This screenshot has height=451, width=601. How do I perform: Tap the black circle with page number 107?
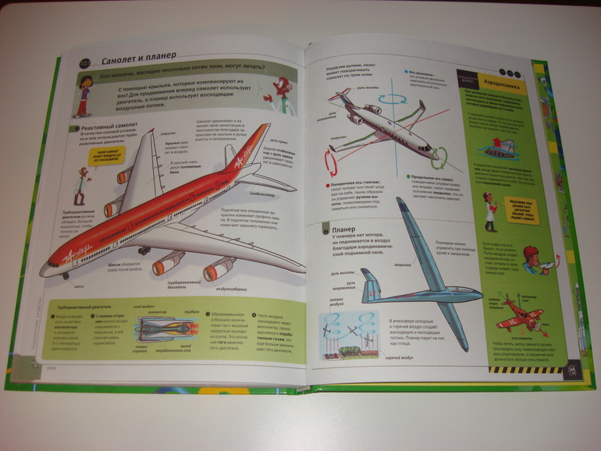(85, 62)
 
